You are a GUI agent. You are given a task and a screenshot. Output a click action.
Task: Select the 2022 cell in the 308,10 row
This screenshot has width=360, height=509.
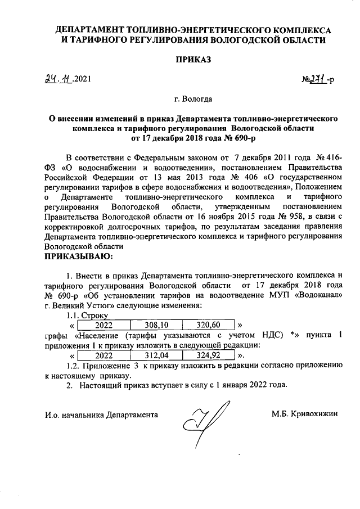click(103, 325)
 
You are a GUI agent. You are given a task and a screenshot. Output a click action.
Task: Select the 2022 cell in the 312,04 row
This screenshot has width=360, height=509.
click(103, 355)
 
